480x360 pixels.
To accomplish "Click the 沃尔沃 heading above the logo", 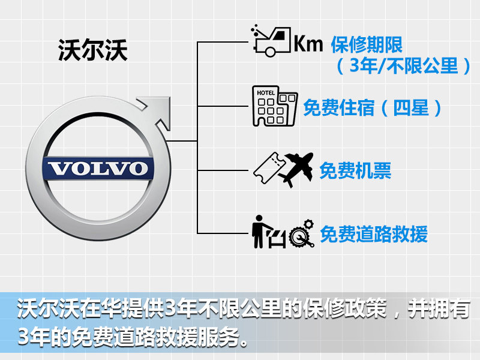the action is coord(93,50).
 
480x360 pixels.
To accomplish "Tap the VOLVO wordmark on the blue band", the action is coord(98,169).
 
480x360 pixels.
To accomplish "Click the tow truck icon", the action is coord(271,41).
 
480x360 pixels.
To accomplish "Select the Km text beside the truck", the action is coord(308,43).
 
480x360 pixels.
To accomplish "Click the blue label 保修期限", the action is coord(367,44).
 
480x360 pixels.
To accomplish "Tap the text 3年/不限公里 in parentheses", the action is coord(404,66).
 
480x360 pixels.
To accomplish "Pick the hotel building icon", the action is coord(275,106).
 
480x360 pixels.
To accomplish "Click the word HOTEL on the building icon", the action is coord(266,92).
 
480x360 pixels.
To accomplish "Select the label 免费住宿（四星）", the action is coord(373,107).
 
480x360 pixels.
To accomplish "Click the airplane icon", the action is coord(296,169).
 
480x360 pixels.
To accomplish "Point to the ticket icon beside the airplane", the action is coord(269,168).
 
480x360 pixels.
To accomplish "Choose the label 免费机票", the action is coord(355,170).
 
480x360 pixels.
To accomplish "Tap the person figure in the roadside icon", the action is coord(260,232).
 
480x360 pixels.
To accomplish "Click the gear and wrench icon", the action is coord(302,233).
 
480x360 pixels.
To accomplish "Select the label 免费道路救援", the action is coord(374,234).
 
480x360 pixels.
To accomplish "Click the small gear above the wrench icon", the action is coord(308,224).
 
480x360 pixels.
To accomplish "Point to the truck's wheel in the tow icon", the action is coord(270,51).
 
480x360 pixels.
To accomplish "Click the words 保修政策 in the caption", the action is coord(344,308).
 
